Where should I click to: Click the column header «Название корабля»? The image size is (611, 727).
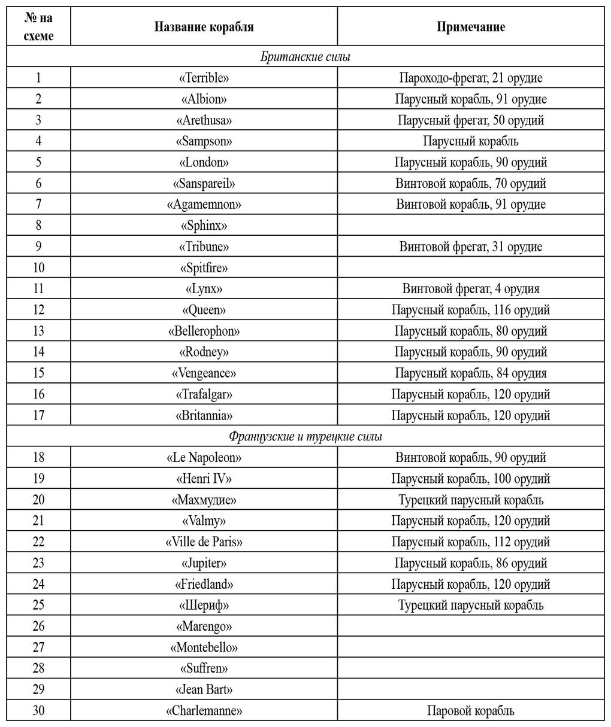(204, 27)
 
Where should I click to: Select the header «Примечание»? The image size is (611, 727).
(470, 27)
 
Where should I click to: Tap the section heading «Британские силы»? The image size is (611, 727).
(305, 57)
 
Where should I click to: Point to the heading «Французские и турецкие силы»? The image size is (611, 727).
(305, 436)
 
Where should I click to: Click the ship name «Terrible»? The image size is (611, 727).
(204, 78)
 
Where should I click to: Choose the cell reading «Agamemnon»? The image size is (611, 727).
(204, 205)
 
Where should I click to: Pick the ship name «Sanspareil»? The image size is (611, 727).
(204, 183)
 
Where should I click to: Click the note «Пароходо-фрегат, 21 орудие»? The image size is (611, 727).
(470, 78)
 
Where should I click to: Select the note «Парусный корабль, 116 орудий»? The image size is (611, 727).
(470, 310)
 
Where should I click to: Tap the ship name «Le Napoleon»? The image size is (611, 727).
(204, 458)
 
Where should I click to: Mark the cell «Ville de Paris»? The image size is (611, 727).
(204, 542)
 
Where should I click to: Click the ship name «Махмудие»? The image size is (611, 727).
(204, 500)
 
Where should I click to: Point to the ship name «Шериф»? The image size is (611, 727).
(204, 605)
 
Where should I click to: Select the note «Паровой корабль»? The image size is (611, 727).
(470, 711)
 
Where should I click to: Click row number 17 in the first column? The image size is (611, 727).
(38, 415)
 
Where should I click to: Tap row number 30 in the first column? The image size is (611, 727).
(38, 711)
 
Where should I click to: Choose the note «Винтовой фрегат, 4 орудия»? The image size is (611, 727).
(470, 289)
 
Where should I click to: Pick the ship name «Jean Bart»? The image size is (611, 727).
(204, 689)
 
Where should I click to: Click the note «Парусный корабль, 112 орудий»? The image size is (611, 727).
(470, 542)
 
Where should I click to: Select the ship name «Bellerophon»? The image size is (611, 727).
(204, 331)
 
